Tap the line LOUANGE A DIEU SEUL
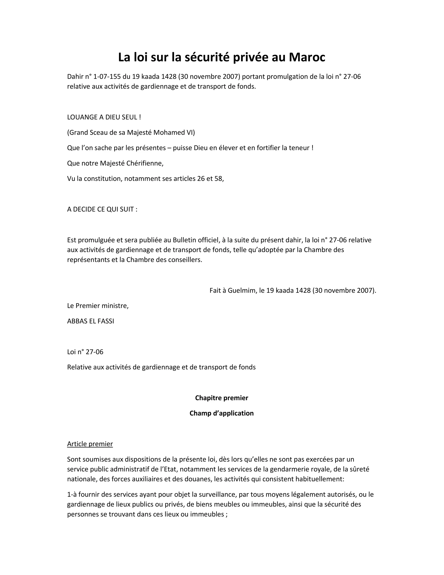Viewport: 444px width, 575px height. (104, 117)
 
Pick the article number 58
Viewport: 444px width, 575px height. (219, 179)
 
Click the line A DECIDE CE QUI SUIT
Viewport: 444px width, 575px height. (102, 209)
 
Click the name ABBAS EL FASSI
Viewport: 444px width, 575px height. (90, 321)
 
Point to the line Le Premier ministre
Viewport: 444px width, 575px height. (98, 306)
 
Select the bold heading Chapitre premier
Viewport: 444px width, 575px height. (222, 398)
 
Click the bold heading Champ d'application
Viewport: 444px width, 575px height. (222, 413)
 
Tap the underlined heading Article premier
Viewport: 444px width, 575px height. (90, 444)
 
